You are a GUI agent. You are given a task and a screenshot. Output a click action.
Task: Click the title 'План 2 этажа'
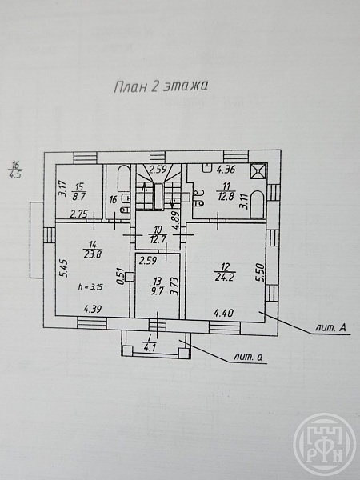click(161, 86)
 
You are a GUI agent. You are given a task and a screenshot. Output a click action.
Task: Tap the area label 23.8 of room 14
click(92, 254)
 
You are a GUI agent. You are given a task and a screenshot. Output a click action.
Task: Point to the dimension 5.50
click(261, 273)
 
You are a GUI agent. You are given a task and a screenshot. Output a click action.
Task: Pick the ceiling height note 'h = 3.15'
click(90, 287)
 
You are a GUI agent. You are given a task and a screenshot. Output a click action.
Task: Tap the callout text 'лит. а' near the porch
click(248, 357)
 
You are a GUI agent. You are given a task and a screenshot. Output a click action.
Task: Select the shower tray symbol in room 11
click(258, 170)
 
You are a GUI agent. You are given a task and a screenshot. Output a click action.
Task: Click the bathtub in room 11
click(257, 205)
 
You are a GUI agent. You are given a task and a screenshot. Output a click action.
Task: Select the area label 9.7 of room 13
click(157, 290)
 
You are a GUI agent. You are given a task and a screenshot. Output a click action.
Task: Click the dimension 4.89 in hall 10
click(174, 222)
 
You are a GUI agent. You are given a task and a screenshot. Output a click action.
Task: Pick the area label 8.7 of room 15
click(78, 196)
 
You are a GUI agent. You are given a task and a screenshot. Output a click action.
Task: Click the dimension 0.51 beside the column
click(122, 277)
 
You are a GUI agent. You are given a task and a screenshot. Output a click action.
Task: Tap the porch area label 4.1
click(150, 348)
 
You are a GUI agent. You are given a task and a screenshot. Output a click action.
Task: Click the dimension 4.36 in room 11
click(226, 169)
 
